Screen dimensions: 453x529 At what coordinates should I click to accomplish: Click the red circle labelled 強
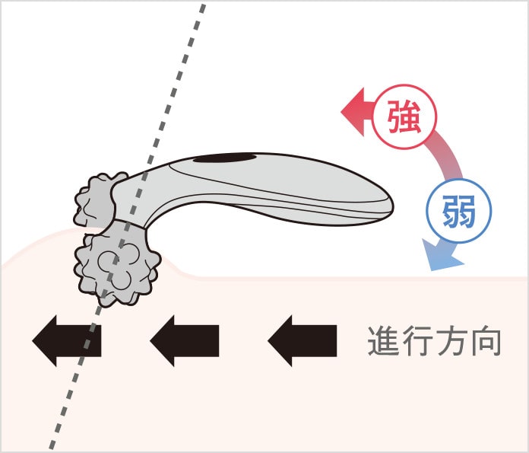tap(404, 119)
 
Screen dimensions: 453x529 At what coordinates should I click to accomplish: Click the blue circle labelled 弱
tap(458, 209)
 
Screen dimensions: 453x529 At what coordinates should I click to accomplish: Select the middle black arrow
tap(185, 340)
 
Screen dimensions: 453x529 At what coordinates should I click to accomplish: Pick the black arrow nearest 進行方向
tap(302, 340)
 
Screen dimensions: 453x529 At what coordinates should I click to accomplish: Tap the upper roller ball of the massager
tap(94, 199)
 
